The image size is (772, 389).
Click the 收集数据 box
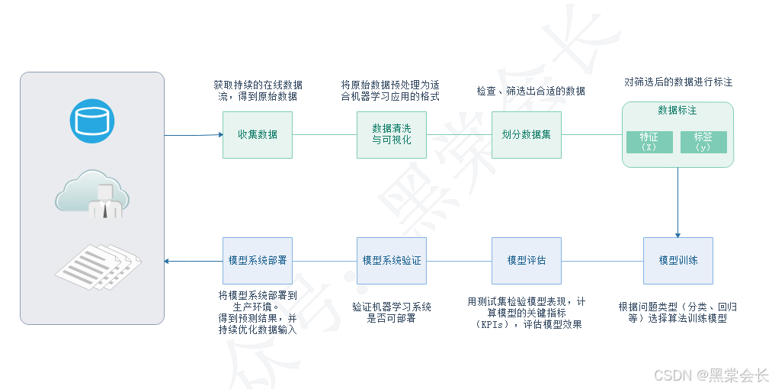(257, 135)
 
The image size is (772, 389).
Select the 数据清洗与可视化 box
(391, 135)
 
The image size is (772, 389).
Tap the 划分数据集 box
(526, 135)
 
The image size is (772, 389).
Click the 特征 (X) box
(649, 142)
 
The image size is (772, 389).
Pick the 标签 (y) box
(703, 142)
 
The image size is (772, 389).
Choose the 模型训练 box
(678, 260)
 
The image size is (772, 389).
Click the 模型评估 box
(526, 260)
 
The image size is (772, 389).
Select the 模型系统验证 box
(391, 260)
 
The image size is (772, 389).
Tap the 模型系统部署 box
(257, 260)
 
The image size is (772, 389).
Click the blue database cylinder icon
(92, 121)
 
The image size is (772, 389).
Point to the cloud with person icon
(92, 194)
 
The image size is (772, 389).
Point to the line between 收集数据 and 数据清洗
(324, 135)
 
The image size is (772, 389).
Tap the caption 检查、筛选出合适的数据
(530, 91)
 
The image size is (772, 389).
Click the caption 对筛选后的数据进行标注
(678, 82)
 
